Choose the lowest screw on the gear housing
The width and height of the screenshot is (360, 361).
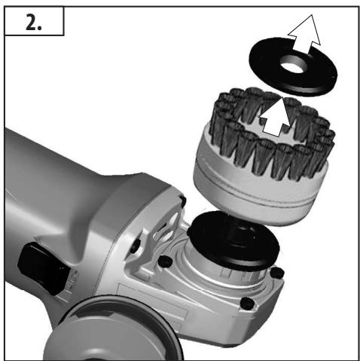pos(246,303)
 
